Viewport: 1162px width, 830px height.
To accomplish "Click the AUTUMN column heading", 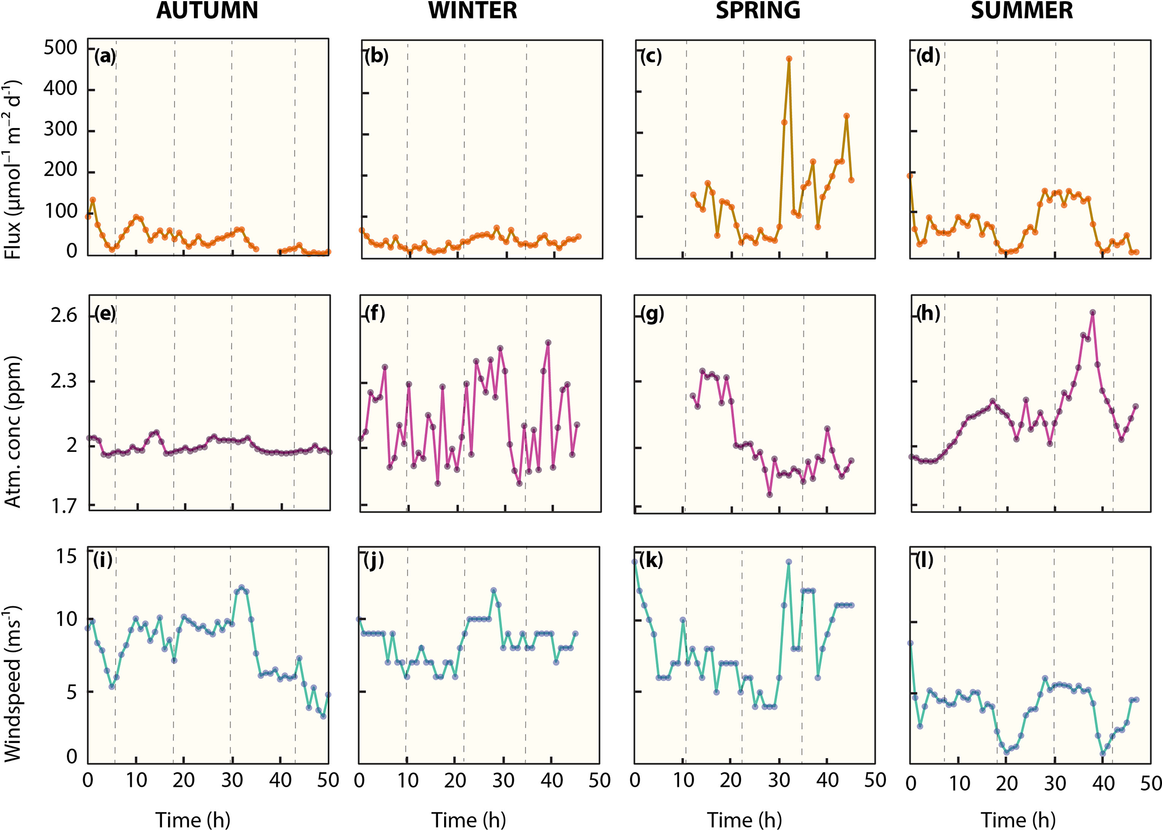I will [x=207, y=11].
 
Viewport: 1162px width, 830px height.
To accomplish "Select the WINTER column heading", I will [x=473, y=11].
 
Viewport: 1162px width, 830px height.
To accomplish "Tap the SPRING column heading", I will [x=758, y=11].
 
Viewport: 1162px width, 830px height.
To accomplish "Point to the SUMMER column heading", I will [x=1022, y=11].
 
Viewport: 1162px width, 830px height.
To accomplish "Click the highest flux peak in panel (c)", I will [x=789, y=58].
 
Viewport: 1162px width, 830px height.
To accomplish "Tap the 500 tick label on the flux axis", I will [x=61, y=47].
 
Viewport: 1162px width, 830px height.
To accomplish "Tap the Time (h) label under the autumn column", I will [x=193, y=820].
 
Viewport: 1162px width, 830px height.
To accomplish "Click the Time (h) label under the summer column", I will [x=1018, y=820].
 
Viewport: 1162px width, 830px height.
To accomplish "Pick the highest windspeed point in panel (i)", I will [x=242, y=587].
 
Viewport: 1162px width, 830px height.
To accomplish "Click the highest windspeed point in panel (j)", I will [x=494, y=591].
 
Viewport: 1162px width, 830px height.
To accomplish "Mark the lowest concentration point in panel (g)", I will [x=770, y=495].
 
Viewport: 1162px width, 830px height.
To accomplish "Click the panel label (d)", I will [x=928, y=56].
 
